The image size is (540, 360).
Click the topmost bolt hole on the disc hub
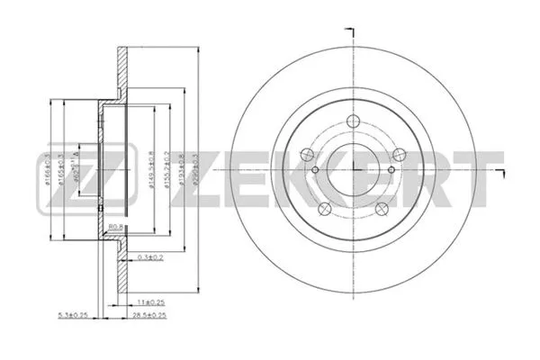pos(352,123)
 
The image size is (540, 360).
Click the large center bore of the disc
pos(353,166)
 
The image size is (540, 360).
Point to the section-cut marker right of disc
pos(498,169)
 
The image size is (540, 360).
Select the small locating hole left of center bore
pos(314,171)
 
